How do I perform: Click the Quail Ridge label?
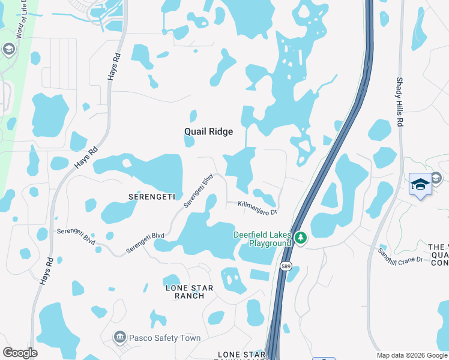pyautogui.click(x=208, y=131)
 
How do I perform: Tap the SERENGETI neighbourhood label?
pyautogui.click(x=151, y=197)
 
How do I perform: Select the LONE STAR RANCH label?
pyautogui.click(x=189, y=292)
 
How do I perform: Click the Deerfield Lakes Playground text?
pyautogui.click(x=262, y=238)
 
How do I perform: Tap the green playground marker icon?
pyautogui.click(x=301, y=239)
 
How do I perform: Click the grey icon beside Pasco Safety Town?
pyautogui.click(x=119, y=338)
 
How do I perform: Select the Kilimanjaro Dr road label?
pyautogui.click(x=256, y=207)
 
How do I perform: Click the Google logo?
pyautogui.click(x=20, y=353)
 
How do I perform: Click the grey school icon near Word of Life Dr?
pyautogui.click(x=8, y=49)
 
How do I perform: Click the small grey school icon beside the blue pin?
pyautogui.click(x=436, y=177)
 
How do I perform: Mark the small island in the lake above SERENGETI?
pyautogui.click(x=126, y=163)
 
